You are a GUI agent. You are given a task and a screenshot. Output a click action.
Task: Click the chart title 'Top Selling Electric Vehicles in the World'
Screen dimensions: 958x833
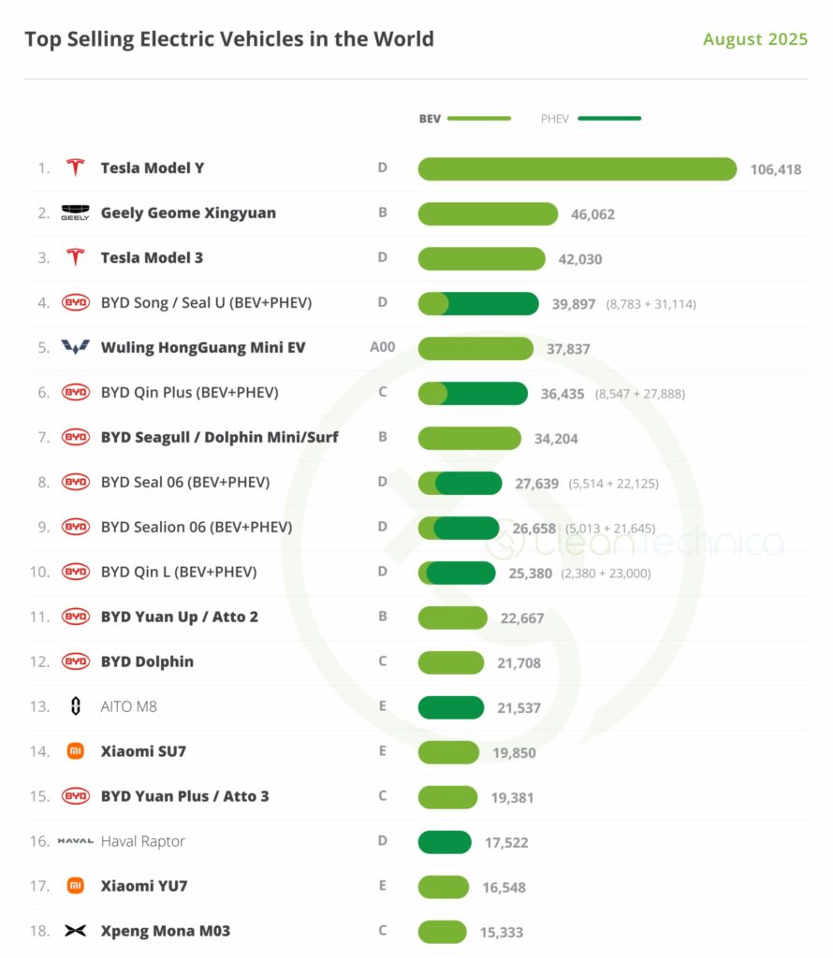click(229, 39)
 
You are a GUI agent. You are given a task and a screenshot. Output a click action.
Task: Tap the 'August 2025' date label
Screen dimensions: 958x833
click(755, 39)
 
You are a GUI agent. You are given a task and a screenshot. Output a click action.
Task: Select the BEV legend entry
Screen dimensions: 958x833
click(464, 119)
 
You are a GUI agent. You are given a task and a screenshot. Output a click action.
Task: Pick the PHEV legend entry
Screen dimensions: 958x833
click(591, 119)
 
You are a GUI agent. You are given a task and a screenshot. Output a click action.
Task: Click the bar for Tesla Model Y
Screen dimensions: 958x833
click(577, 168)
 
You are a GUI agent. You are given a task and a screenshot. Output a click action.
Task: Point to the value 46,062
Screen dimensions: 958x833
click(592, 214)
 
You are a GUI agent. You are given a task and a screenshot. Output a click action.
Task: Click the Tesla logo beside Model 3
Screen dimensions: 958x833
click(75, 257)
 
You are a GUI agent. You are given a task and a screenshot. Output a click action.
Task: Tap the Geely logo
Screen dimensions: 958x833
click(75, 212)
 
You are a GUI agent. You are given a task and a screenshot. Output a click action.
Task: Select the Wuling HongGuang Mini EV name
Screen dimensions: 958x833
click(203, 347)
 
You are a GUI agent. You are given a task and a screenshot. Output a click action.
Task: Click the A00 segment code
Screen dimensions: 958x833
click(383, 347)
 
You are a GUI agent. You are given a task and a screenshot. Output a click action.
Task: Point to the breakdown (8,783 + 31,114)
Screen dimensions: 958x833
click(650, 304)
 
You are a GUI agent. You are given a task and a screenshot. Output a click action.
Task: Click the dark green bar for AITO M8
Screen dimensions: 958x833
click(451, 707)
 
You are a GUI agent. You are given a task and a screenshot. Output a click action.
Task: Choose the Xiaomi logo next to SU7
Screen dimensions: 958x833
click(75, 751)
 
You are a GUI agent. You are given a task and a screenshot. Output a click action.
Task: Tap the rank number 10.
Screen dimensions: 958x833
click(39, 572)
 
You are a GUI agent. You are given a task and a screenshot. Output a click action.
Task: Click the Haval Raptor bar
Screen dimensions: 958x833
click(445, 842)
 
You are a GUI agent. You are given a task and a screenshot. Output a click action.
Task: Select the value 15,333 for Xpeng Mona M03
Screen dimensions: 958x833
click(503, 933)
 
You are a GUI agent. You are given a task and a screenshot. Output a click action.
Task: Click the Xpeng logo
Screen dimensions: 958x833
click(75, 931)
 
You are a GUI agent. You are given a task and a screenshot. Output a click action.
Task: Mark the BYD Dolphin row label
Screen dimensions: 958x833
click(147, 661)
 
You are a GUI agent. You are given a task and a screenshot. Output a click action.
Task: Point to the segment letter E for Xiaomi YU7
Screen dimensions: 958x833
click(383, 886)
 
